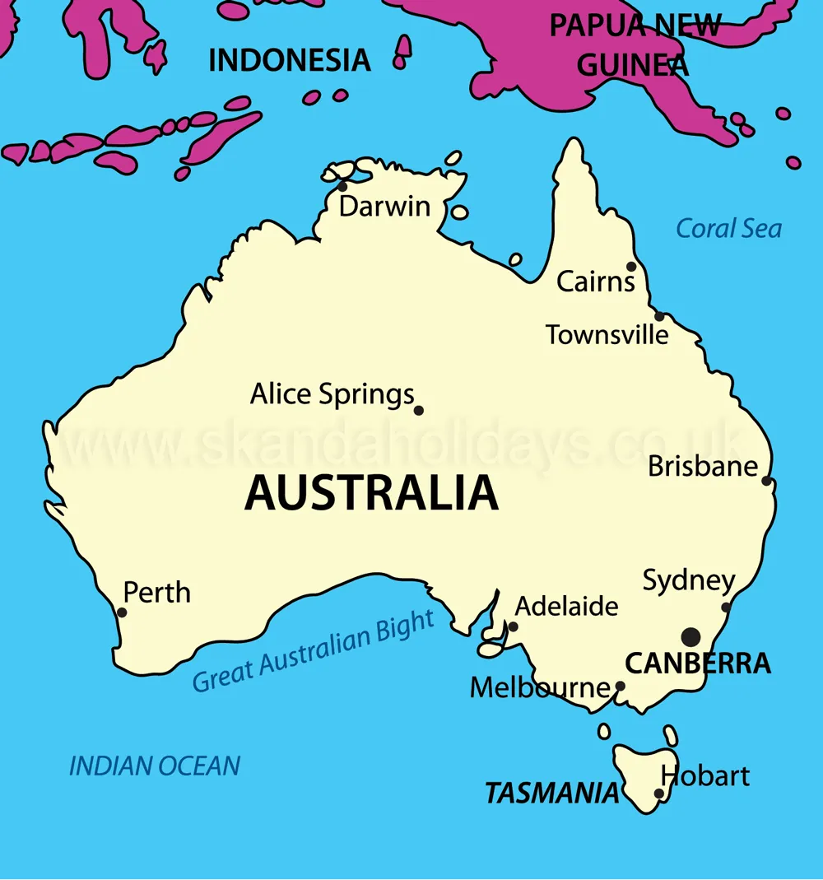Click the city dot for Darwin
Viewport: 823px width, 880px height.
point(342,187)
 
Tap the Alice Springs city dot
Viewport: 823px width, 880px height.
point(418,410)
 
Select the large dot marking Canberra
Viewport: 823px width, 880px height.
point(691,636)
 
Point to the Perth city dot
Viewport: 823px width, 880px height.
point(122,612)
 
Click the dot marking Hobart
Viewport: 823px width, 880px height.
point(658,794)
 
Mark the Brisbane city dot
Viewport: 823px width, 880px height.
point(766,480)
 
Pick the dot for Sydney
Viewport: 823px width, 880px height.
point(726,608)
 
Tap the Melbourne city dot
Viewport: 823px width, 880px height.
point(621,685)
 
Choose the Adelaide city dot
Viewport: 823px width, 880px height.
point(513,626)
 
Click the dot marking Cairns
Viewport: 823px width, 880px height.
point(631,266)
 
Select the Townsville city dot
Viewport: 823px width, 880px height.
point(659,316)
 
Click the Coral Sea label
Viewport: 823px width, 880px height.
point(728,228)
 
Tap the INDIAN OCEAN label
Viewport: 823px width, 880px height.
point(155,766)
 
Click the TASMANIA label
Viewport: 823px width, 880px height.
point(551,794)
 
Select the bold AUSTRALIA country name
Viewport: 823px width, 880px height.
point(371,493)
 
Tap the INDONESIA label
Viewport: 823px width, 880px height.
point(289,60)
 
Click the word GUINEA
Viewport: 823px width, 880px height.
point(632,65)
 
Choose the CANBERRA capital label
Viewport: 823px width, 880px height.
point(698,663)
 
